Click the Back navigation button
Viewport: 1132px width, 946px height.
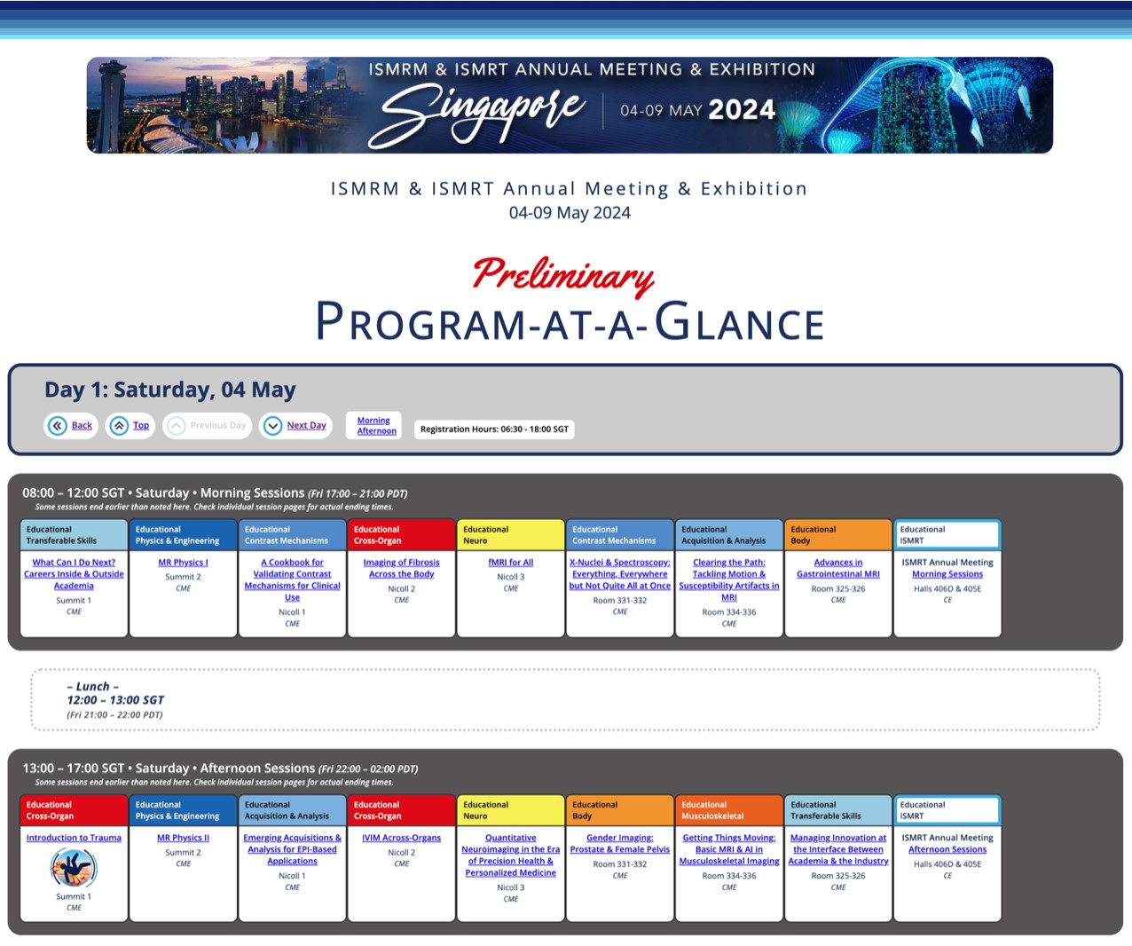point(70,425)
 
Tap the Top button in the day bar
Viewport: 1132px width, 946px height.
point(130,425)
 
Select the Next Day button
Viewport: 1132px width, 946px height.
point(295,425)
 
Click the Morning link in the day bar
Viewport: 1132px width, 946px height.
point(373,420)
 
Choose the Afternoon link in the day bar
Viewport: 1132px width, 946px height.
point(376,430)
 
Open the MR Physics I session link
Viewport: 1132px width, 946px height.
point(184,563)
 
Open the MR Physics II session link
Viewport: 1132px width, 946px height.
point(184,838)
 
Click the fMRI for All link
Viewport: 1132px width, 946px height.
point(511,563)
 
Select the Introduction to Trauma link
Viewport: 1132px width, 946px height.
point(74,838)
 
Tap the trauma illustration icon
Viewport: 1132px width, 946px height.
point(74,867)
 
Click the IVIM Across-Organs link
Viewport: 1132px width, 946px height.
point(401,838)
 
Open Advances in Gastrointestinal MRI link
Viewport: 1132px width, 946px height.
point(838,568)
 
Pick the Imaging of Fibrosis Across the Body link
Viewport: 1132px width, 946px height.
point(401,568)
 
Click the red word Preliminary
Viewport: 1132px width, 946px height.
point(564,275)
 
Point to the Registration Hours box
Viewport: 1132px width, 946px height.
point(494,429)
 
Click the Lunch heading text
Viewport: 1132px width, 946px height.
point(92,686)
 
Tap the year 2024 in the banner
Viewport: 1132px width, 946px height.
point(742,109)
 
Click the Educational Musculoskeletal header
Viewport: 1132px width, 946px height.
point(729,810)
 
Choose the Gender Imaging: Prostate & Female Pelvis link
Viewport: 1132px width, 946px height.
point(619,843)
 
